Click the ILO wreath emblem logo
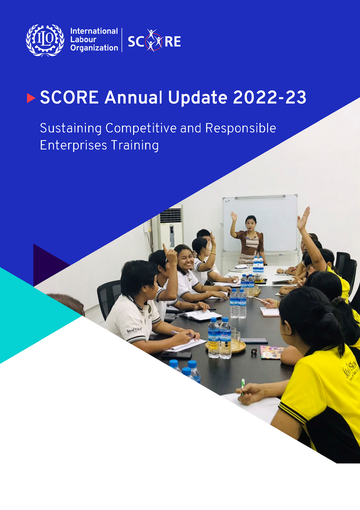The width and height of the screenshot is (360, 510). pos(45,40)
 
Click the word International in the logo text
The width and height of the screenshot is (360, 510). pos(94,31)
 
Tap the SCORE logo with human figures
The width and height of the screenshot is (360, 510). pos(154,41)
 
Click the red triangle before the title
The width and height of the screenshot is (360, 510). pos(31,98)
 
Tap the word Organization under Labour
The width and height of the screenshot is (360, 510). pos(94,48)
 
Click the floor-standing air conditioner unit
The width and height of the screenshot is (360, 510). pos(171,228)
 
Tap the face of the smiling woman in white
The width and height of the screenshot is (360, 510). pos(184,259)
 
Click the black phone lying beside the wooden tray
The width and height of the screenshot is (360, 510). pos(254,341)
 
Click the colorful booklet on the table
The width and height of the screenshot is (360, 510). pos(272,352)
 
